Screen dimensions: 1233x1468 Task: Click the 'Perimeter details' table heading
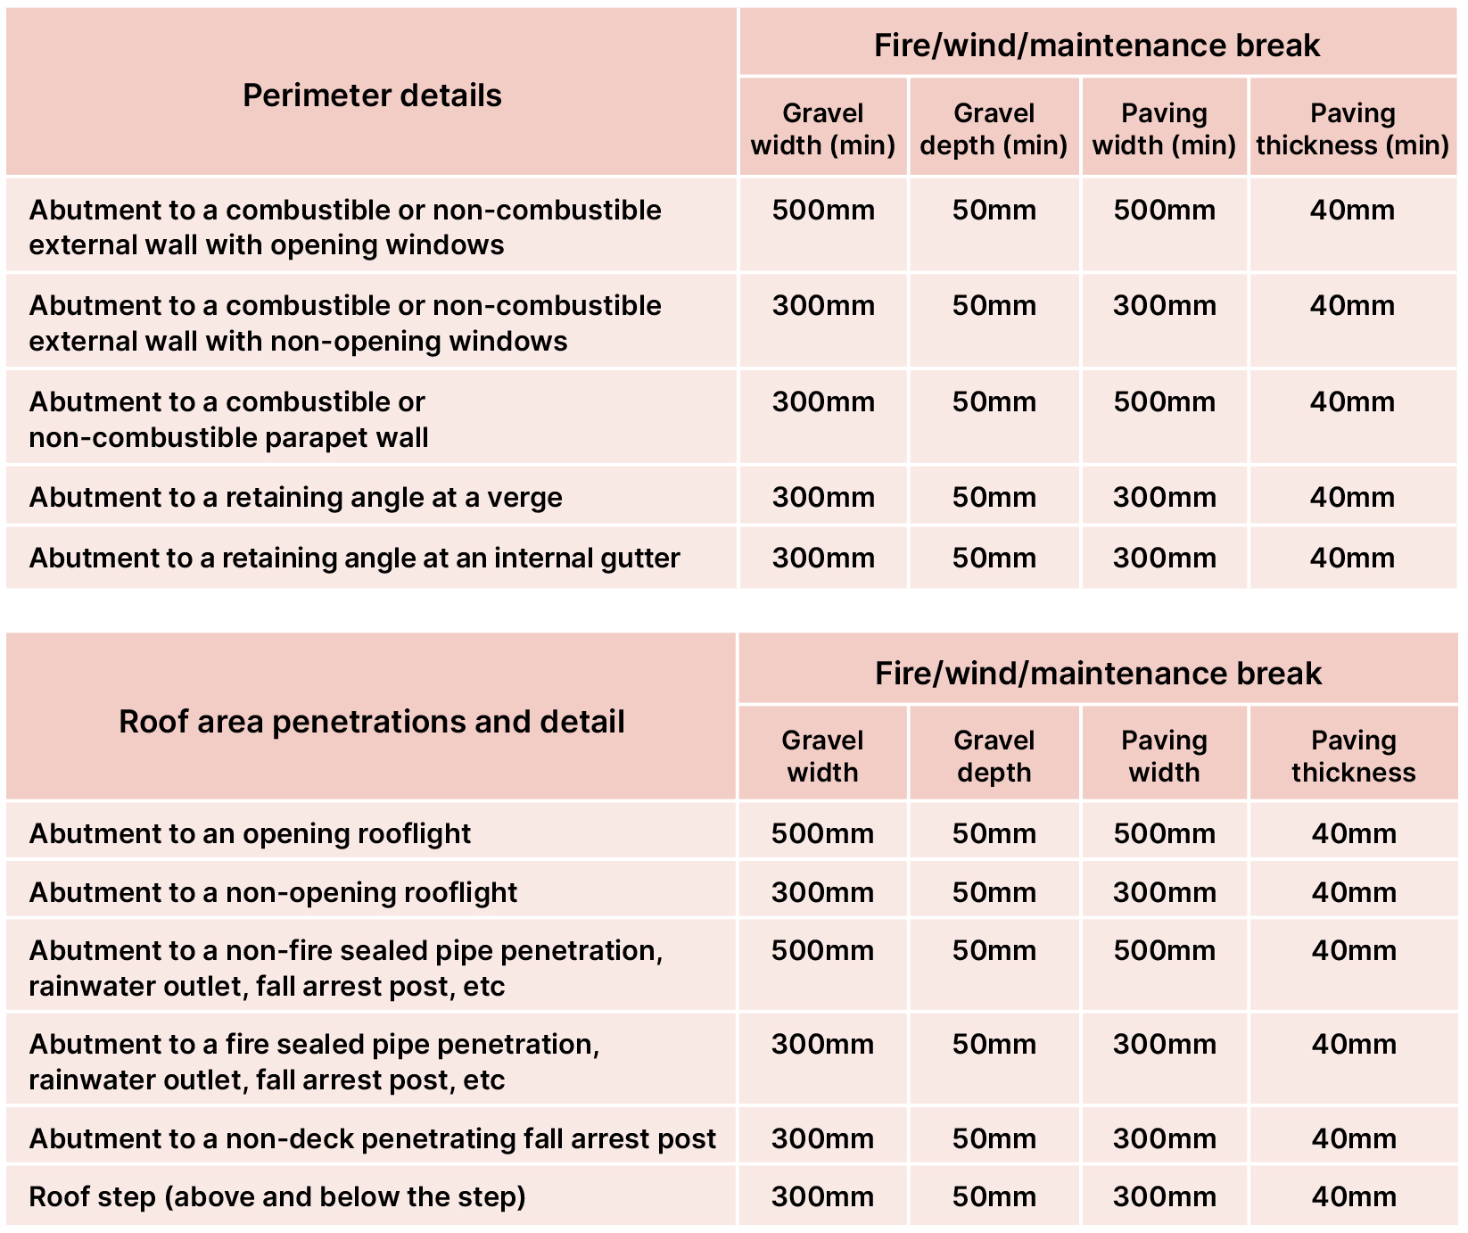tap(372, 95)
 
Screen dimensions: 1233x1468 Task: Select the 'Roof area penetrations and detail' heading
tap(372, 722)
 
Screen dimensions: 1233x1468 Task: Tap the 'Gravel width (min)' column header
tap(823, 129)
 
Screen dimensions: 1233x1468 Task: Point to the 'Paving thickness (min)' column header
tap(1352, 129)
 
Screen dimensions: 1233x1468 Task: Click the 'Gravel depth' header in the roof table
tap(994, 757)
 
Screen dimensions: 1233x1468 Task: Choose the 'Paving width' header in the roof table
tap(1164, 757)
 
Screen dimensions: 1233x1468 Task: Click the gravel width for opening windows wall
tap(823, 211)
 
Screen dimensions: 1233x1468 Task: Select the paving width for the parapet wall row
tap(1164, 402)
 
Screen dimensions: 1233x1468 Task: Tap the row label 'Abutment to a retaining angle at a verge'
tap(296, 498)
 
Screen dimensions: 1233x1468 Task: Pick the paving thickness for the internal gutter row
tap(1352, 559)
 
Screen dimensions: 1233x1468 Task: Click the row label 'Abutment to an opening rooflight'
tap(250, 834)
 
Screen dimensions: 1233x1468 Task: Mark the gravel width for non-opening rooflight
tap(822, 893)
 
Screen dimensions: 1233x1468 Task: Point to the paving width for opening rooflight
tap(1164, 834)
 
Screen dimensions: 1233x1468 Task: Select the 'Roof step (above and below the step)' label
tap(277, 1197)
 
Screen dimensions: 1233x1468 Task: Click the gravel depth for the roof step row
tap(994, 1197)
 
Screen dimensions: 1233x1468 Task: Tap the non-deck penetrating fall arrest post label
tap(373, 1139)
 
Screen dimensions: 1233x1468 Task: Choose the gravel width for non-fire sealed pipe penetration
tap(822, 951)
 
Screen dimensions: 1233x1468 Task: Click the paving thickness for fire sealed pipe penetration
tap(1353, 1045)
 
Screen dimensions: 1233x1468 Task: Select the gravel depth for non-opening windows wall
tap(994, 306)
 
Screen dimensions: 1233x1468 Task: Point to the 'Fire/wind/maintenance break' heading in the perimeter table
tap(1097, 46)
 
